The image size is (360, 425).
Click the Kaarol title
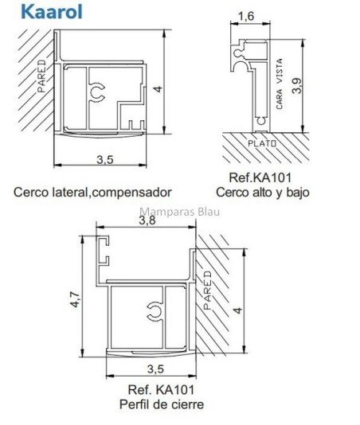(x=52, y=12)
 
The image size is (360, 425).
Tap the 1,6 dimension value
(x=246, y=17)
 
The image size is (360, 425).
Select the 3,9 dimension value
(x=296, y=86)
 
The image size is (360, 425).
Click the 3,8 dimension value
(x=147, y=220)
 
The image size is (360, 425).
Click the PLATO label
(x=262, y=143)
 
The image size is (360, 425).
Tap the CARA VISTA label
(x=279, y=84)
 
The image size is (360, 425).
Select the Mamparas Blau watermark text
(x=180, y=212)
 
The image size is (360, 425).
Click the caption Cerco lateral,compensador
(x=92, y=193)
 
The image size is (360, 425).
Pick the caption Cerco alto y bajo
(x=263, y=193)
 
